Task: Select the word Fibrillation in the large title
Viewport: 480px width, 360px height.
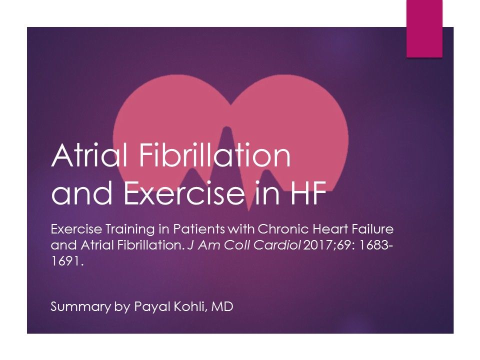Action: pyautogui.click(x=217, y=156)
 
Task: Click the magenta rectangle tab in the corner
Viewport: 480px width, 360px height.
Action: pyautogui.click(x=423, y=28)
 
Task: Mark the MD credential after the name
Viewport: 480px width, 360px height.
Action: pyautogui.click(x=222, y=306)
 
